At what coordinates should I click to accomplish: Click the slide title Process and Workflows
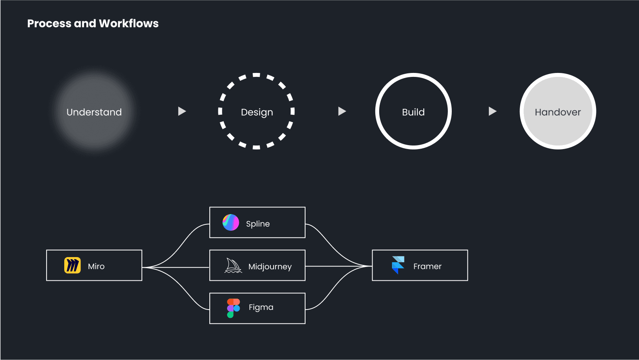(93, 24)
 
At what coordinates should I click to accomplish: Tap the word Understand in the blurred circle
(94, 112)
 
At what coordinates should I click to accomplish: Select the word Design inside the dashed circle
(257, 112)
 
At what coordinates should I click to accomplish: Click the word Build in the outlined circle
(414, 112)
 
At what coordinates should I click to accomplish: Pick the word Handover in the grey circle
(558, 112)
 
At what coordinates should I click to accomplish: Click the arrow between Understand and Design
(182, 111)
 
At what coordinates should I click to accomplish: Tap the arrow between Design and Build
(342, 111)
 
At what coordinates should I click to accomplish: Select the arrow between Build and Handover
(493, 111)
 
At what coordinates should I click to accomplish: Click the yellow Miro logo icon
(73, 265)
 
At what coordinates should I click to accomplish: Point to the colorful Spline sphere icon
(231, 222)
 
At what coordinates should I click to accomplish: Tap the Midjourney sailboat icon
(233, 266)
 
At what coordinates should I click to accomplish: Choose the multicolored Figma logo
(233, 308)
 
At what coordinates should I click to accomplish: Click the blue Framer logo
(398, 265)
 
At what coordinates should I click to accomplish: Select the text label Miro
(96, 267)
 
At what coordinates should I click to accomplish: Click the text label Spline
(258, 224)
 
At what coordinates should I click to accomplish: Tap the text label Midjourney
(270, 267)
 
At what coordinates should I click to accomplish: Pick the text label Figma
(261, 308)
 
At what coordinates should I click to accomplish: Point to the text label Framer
(427, 267)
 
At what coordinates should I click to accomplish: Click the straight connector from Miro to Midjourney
(176, 267)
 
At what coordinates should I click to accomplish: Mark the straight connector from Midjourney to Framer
(339, 266)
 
